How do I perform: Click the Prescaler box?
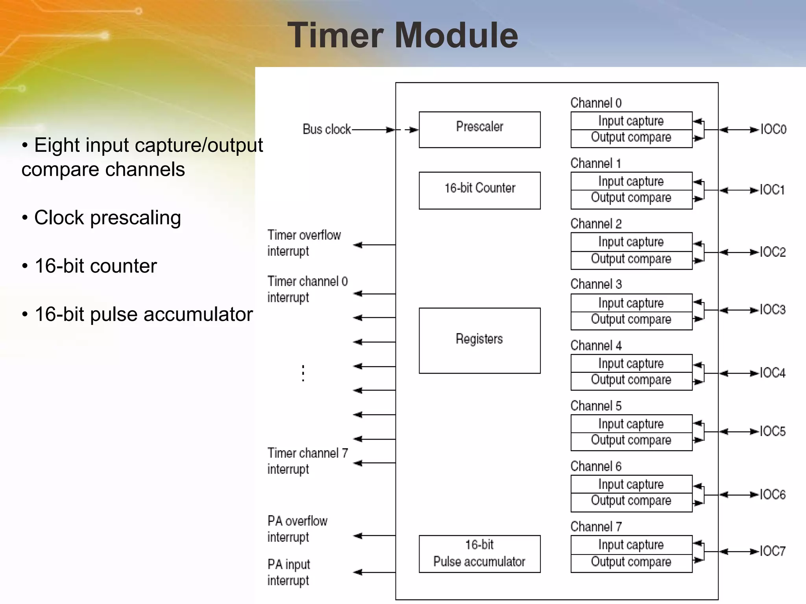(479, 129)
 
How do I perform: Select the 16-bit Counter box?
(479, 190)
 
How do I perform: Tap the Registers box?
(479, 340)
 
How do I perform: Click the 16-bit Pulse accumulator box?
(479, 554)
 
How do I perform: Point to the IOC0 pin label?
(773, 129)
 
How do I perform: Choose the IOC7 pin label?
(772, 551)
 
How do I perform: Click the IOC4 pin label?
(772, 373)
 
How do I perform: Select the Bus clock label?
(326, 129)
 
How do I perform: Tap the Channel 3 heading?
(596, 284)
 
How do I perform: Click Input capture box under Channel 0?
(631, 121)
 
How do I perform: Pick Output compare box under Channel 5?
(631, 441)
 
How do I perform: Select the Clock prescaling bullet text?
(107, 217)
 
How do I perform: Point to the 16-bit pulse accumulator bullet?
(143, 314)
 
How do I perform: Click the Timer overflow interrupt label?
(304, 243)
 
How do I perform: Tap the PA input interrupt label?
(289, 572)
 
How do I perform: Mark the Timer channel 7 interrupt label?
(307, 461)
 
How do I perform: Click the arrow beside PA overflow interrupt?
(374, 536)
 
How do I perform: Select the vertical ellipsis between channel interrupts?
(303, 373)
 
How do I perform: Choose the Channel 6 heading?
(596, 466)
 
